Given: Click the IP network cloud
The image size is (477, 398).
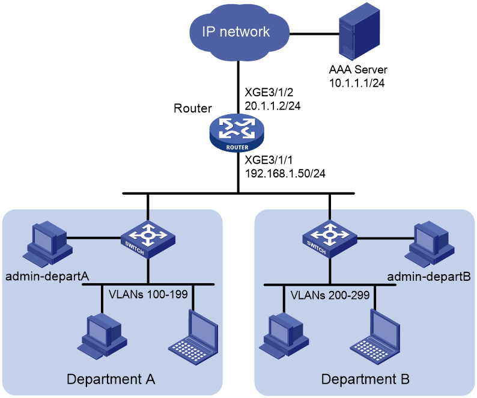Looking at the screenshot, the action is [x=239, y=32].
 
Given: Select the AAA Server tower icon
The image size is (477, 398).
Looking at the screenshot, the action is [x=359, y=32].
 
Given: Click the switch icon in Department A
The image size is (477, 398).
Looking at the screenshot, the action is [x=148, y=240].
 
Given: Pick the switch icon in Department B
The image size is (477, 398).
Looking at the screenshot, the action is [x=330, y=239].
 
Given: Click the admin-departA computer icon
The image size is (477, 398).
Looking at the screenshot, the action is [x=48, y=243].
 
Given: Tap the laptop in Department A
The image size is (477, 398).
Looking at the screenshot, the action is [x=194, y=337].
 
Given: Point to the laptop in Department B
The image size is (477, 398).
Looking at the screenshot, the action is [x=375, y=337].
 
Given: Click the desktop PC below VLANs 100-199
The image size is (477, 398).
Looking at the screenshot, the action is [x=102, y=337].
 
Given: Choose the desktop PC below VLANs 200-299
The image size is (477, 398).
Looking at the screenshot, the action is [x=284, y=337].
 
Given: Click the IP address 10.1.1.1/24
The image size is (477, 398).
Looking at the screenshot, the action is [x=357, y=83].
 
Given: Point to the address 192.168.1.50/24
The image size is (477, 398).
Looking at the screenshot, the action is [x=285, y=174].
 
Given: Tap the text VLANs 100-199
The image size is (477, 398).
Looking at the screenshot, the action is [x=148, y=295].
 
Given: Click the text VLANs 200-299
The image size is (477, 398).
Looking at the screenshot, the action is [x=330, y=295].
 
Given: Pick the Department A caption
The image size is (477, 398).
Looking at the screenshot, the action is [x=111, y=379].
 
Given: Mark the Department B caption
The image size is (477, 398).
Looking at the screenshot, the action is [x=365, y=379].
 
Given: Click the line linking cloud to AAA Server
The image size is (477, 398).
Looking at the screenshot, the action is [x=314, y=34].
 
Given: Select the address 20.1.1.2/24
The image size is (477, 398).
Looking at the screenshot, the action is [x=273, y=106].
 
